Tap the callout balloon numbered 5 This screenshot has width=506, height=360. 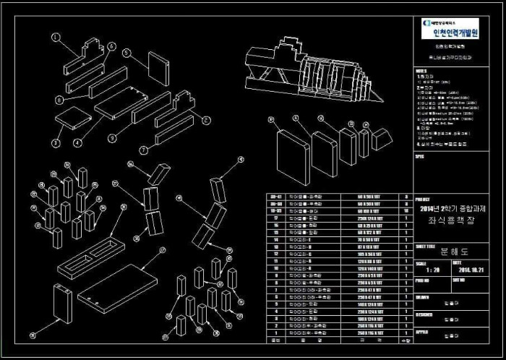pos(124,52)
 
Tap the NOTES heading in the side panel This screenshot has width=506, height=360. pos(421,72)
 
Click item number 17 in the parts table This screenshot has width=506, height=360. pos(274,218)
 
